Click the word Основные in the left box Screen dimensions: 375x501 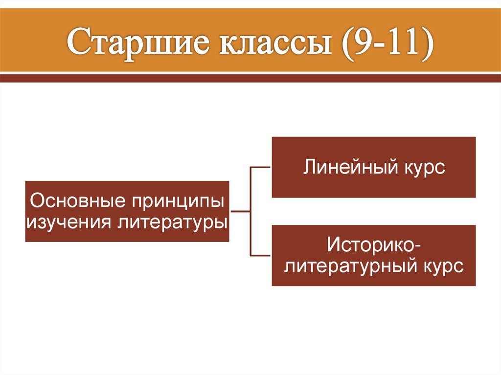(x=73, y=201)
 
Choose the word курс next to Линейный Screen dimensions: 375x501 (x=425, y=167)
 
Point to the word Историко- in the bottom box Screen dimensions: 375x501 (x=373, y=244)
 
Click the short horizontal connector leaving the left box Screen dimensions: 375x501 (x=240, y=212)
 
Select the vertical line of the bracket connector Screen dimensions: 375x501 (x=250, y=212)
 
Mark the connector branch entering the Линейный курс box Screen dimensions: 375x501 (x=261, y=167)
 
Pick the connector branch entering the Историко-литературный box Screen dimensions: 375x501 (x=261, y=256)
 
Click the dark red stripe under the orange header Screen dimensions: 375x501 (x=250, y=78)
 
